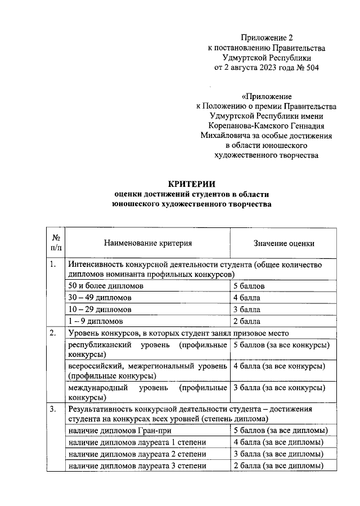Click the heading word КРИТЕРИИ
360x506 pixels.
(192, 183)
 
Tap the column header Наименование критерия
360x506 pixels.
(148, 243)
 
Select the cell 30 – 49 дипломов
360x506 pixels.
(99, 298)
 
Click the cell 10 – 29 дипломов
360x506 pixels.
(99, 310)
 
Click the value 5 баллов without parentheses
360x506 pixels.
(249, 286)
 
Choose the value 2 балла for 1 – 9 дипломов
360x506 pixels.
(246, 321)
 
